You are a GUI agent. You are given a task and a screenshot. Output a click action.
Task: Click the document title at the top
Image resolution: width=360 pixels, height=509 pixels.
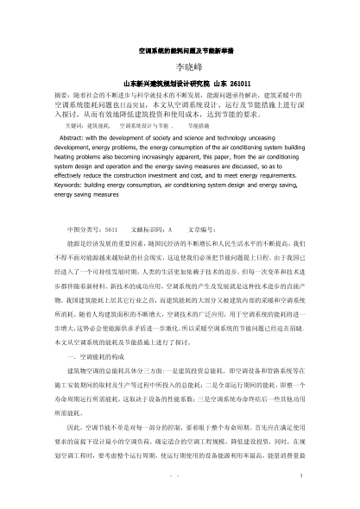(x=180, y=52)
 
